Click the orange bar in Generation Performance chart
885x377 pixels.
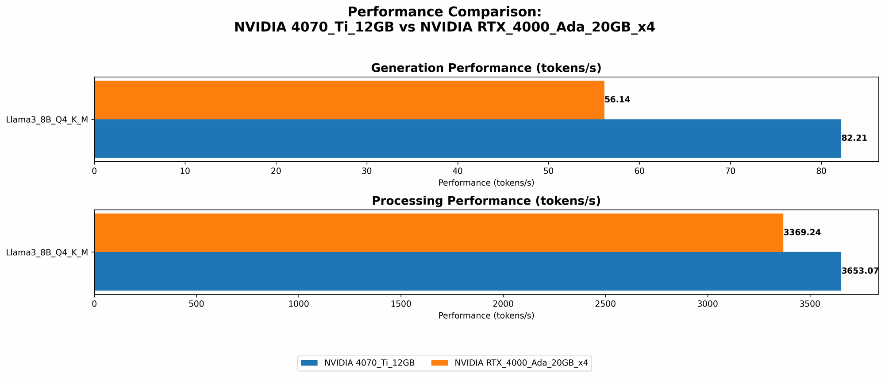[349, 100]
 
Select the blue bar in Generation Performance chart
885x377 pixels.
[467, 138]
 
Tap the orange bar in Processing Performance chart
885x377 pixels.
[439, 233]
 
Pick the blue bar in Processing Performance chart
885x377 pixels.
[467, 271]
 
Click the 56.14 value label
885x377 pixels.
[617, 100]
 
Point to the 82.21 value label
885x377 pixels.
[854, 138]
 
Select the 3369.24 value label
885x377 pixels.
[802, 233]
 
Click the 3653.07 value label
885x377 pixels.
[859, 271]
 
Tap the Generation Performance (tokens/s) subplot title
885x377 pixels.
[486, 68]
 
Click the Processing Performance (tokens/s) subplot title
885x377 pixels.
[486, 201]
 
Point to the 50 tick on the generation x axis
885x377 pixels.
[548, 171]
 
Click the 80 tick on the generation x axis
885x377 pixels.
[821, 171]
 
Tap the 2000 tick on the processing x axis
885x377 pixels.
[503, 304]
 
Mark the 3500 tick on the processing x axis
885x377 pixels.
[810, 304]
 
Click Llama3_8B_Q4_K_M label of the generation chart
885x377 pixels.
[47, 120]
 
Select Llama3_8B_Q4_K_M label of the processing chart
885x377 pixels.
[47, 253]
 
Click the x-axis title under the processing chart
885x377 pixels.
[486, 316]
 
